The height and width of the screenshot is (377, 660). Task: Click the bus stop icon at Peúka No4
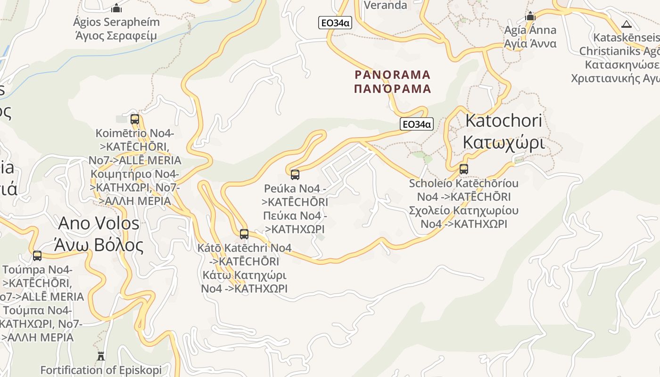click(x=295, y=175)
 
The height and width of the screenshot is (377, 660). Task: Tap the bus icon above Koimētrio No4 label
click(x=135, y=119)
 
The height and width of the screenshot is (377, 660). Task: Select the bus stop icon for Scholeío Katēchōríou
click(x=464, y=169)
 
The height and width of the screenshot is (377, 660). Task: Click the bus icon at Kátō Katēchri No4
click(x=244, y=234)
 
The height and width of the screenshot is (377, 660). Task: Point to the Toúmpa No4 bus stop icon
click(x=37, y=256)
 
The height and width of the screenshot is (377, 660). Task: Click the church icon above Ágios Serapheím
click(x=116, y=8)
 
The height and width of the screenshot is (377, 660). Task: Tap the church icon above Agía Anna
click(x=530, y=16)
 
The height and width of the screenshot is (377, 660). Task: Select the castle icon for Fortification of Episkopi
click(x=101, y=356)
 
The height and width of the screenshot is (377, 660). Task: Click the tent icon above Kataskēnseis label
click(x=627, y=25)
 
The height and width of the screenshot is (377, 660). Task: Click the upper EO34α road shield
click(x=335, y=23)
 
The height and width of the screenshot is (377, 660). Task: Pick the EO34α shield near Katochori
click(x=416, y=124)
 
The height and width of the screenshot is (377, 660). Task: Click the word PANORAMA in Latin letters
click(x=393, y=75)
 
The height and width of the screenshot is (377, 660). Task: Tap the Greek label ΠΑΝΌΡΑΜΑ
click(x=393, y=89)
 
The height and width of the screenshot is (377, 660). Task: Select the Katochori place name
click(x=503, y=121)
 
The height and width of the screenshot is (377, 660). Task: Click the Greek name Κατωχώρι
click(x=503, y=141)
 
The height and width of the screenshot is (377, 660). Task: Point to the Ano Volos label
click(x=99, y=223)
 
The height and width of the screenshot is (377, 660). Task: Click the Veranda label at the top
click(x=386, y=5)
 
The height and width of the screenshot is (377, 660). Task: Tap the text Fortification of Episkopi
click(x=101, y=370)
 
